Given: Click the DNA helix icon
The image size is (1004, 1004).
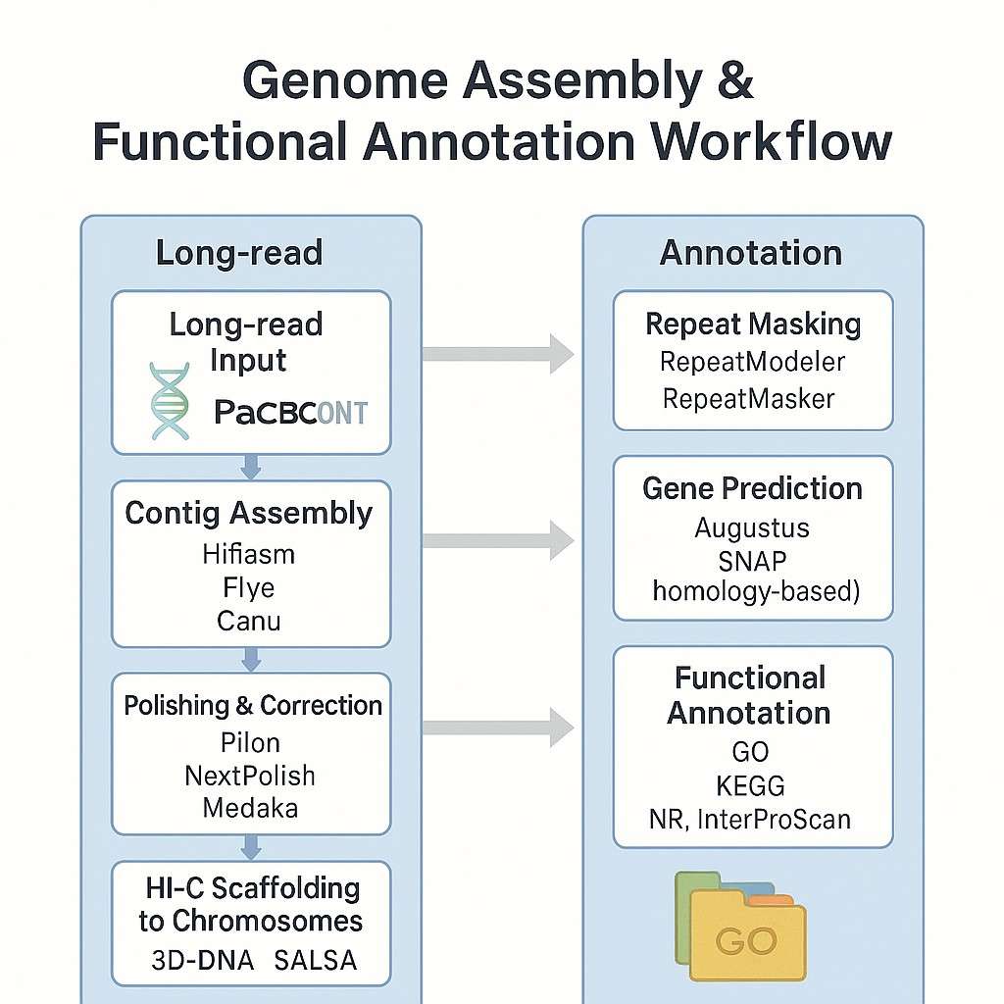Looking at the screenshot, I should (x=169, y=401).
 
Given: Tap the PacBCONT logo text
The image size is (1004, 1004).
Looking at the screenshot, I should (x=290, y=413).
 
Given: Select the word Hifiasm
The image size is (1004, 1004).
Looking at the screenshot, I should (x=249, y=554).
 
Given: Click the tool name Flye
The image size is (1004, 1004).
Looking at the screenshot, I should (x=249, y=588).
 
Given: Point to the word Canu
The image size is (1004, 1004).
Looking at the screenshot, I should (x=249, y=622).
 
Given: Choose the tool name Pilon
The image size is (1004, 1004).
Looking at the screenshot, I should (x=250, y=742).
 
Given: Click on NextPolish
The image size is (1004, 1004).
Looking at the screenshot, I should (x=250, y=776).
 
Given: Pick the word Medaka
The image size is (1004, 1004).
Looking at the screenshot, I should (x=250, y=808).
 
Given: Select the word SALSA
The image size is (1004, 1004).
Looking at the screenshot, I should (x=316, y=961).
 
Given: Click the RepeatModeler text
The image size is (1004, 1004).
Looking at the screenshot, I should (x=752, y=362).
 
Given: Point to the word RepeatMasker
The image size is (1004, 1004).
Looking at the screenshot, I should (x=749, y=398).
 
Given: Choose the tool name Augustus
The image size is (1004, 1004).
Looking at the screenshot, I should (x=752, y=527).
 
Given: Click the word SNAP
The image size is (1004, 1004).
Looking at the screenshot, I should (x=752, y=560).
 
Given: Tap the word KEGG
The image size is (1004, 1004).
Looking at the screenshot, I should (x=751, y=785).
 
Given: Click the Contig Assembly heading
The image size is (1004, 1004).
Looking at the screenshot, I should (x=249, y=514).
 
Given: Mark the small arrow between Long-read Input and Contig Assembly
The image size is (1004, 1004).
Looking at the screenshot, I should (x=251, y=468).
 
